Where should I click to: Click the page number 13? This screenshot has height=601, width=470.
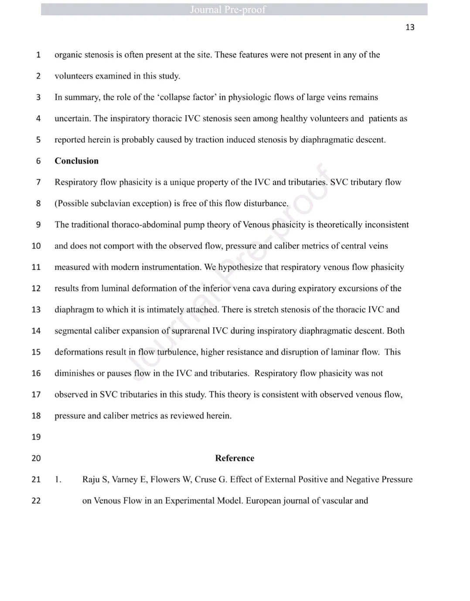tap(410, 27)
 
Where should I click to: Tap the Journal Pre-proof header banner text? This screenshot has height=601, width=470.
tap(228, 10)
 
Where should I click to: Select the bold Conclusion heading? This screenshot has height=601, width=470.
tap(76, 161)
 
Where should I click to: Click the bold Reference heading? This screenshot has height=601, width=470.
tap(235, 458)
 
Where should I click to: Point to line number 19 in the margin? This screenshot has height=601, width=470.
tap(36, 437)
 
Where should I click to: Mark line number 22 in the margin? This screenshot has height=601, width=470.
tap(36, 501)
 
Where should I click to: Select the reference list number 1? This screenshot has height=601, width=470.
tap(58, 479)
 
